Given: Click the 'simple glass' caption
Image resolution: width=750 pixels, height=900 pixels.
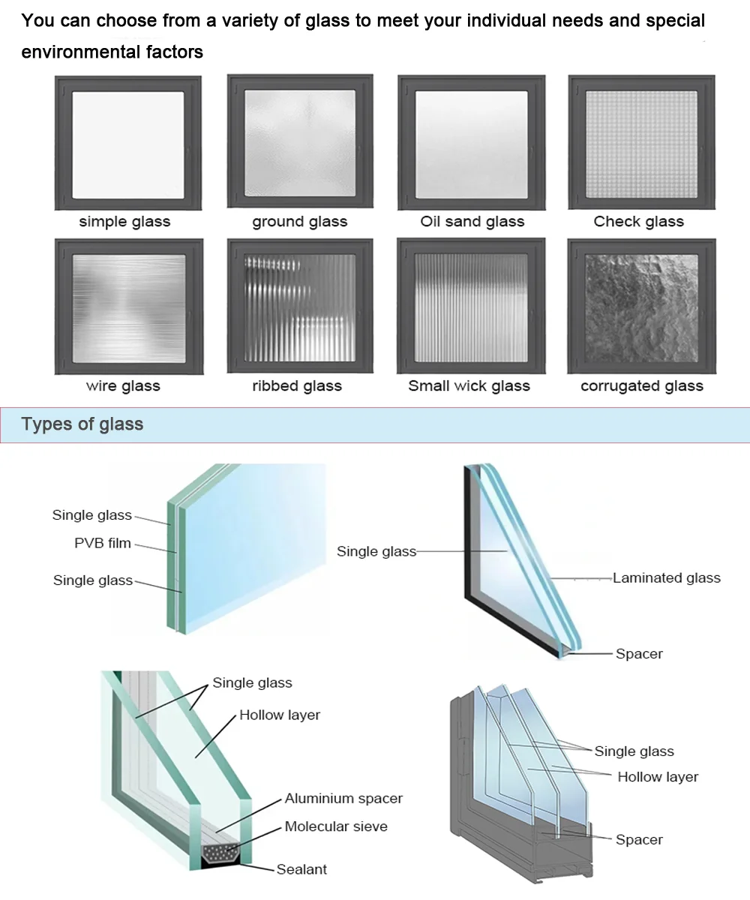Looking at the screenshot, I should coord(124,221).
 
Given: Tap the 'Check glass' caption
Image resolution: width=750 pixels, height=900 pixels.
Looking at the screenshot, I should coord(639,221).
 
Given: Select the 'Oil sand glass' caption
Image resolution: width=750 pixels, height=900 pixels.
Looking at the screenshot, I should coord(472,221).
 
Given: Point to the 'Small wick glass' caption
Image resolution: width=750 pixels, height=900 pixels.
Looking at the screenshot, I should coord(469,386).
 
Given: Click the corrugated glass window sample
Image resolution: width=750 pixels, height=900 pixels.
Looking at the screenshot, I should coord(641,307).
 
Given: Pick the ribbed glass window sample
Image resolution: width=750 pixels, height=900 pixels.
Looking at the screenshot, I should coord(300,307).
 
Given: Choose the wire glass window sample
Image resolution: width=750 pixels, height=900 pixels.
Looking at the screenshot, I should coord(128,307).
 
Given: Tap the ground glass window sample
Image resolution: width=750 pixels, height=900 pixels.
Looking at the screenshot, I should coord(300,142).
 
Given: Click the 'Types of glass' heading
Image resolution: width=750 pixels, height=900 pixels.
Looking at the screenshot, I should coord(82,424).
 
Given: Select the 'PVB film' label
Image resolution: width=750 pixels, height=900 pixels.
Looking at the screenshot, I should coord(103,543).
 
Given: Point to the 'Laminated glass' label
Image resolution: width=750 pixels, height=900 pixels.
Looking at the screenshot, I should coord(667,578).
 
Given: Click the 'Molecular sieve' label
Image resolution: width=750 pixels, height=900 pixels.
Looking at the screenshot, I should coord(336,826).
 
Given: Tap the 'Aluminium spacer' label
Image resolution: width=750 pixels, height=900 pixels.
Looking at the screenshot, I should coord(343,799).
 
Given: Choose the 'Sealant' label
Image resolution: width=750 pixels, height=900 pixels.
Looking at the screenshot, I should coord(301,870).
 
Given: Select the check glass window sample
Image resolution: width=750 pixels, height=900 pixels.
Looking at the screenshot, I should coord(641,142).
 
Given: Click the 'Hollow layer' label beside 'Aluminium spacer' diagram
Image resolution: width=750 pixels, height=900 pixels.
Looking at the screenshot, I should coord(280,715).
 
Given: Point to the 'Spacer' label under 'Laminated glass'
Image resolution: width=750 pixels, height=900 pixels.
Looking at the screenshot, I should coord(639,654).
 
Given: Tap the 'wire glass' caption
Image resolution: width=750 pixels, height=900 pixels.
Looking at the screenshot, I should coord(123,386).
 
